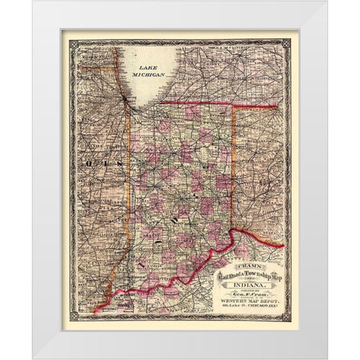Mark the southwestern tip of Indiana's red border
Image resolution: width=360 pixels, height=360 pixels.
click(96, 309)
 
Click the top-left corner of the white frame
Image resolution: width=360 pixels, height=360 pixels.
click(33, 2)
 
